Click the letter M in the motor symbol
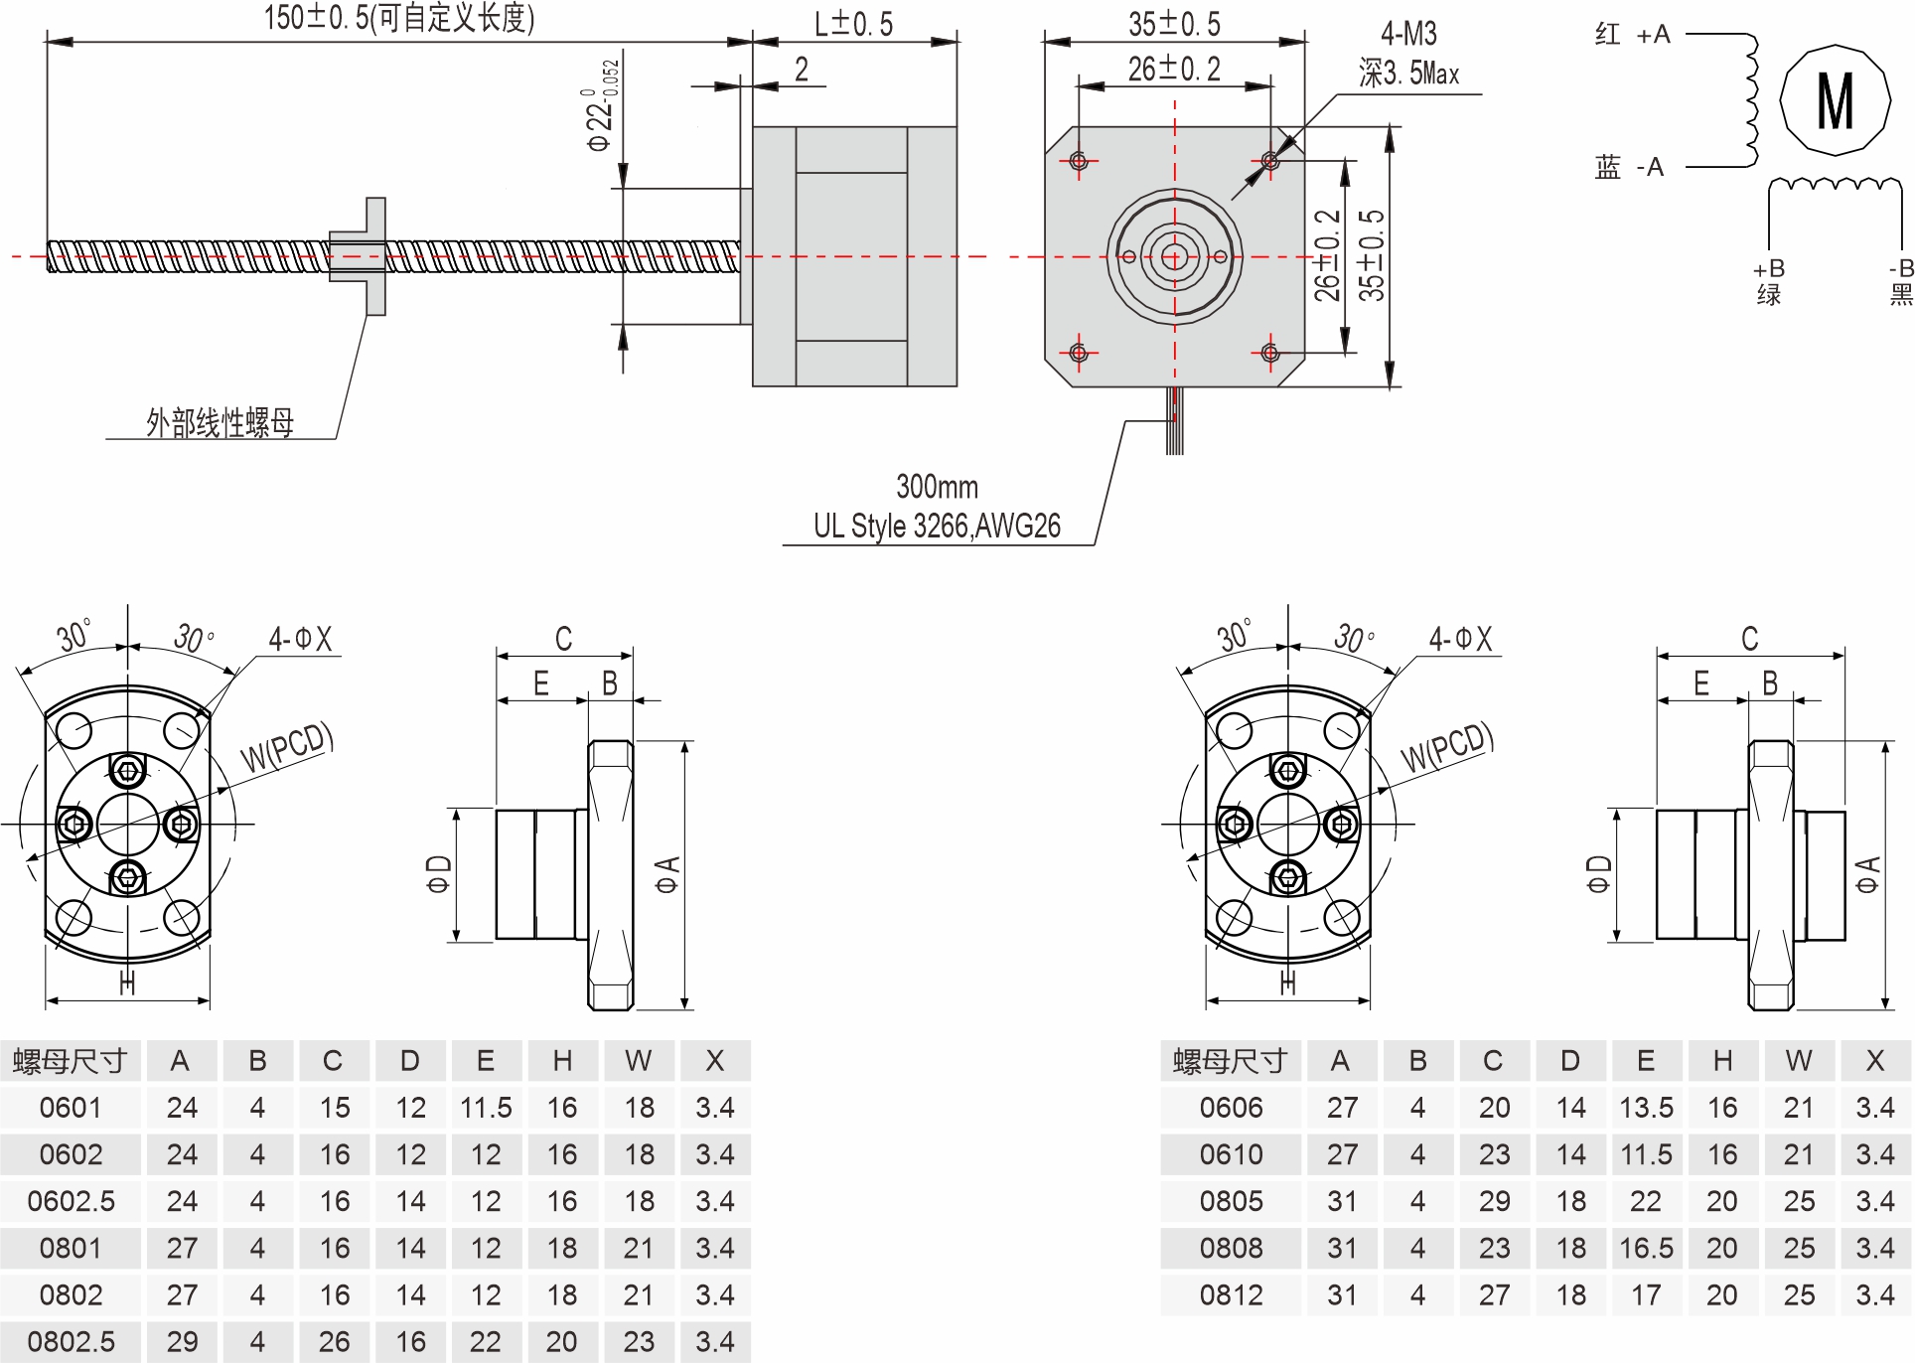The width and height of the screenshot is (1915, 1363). (1835, 100)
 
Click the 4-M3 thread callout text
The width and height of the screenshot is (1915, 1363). (1408, 35)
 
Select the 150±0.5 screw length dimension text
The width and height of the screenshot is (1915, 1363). (398, 18)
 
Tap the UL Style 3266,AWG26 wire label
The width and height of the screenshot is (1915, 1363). (937, 526)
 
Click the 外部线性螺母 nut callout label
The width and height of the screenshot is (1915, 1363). (221, 423)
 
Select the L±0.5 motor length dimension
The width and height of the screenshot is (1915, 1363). (853, 24)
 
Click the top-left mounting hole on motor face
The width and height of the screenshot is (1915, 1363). (1079, 161)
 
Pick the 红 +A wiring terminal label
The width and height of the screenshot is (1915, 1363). (1632, 36)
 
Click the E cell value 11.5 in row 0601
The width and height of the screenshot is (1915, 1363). (486, 1108)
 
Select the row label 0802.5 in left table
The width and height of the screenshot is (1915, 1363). (71, 1342)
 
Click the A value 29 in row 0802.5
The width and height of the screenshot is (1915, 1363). (182, 1342)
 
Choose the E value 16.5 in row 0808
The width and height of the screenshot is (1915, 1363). (1646, 1249)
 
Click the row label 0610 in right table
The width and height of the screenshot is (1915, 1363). (1231, 1154)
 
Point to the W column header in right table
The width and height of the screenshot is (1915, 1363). (1799, 1061)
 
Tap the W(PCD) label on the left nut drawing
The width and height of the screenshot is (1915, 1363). (286, 748)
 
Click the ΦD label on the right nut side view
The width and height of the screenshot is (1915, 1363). (1598, 874)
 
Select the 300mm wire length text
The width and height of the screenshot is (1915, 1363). (937, 487)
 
